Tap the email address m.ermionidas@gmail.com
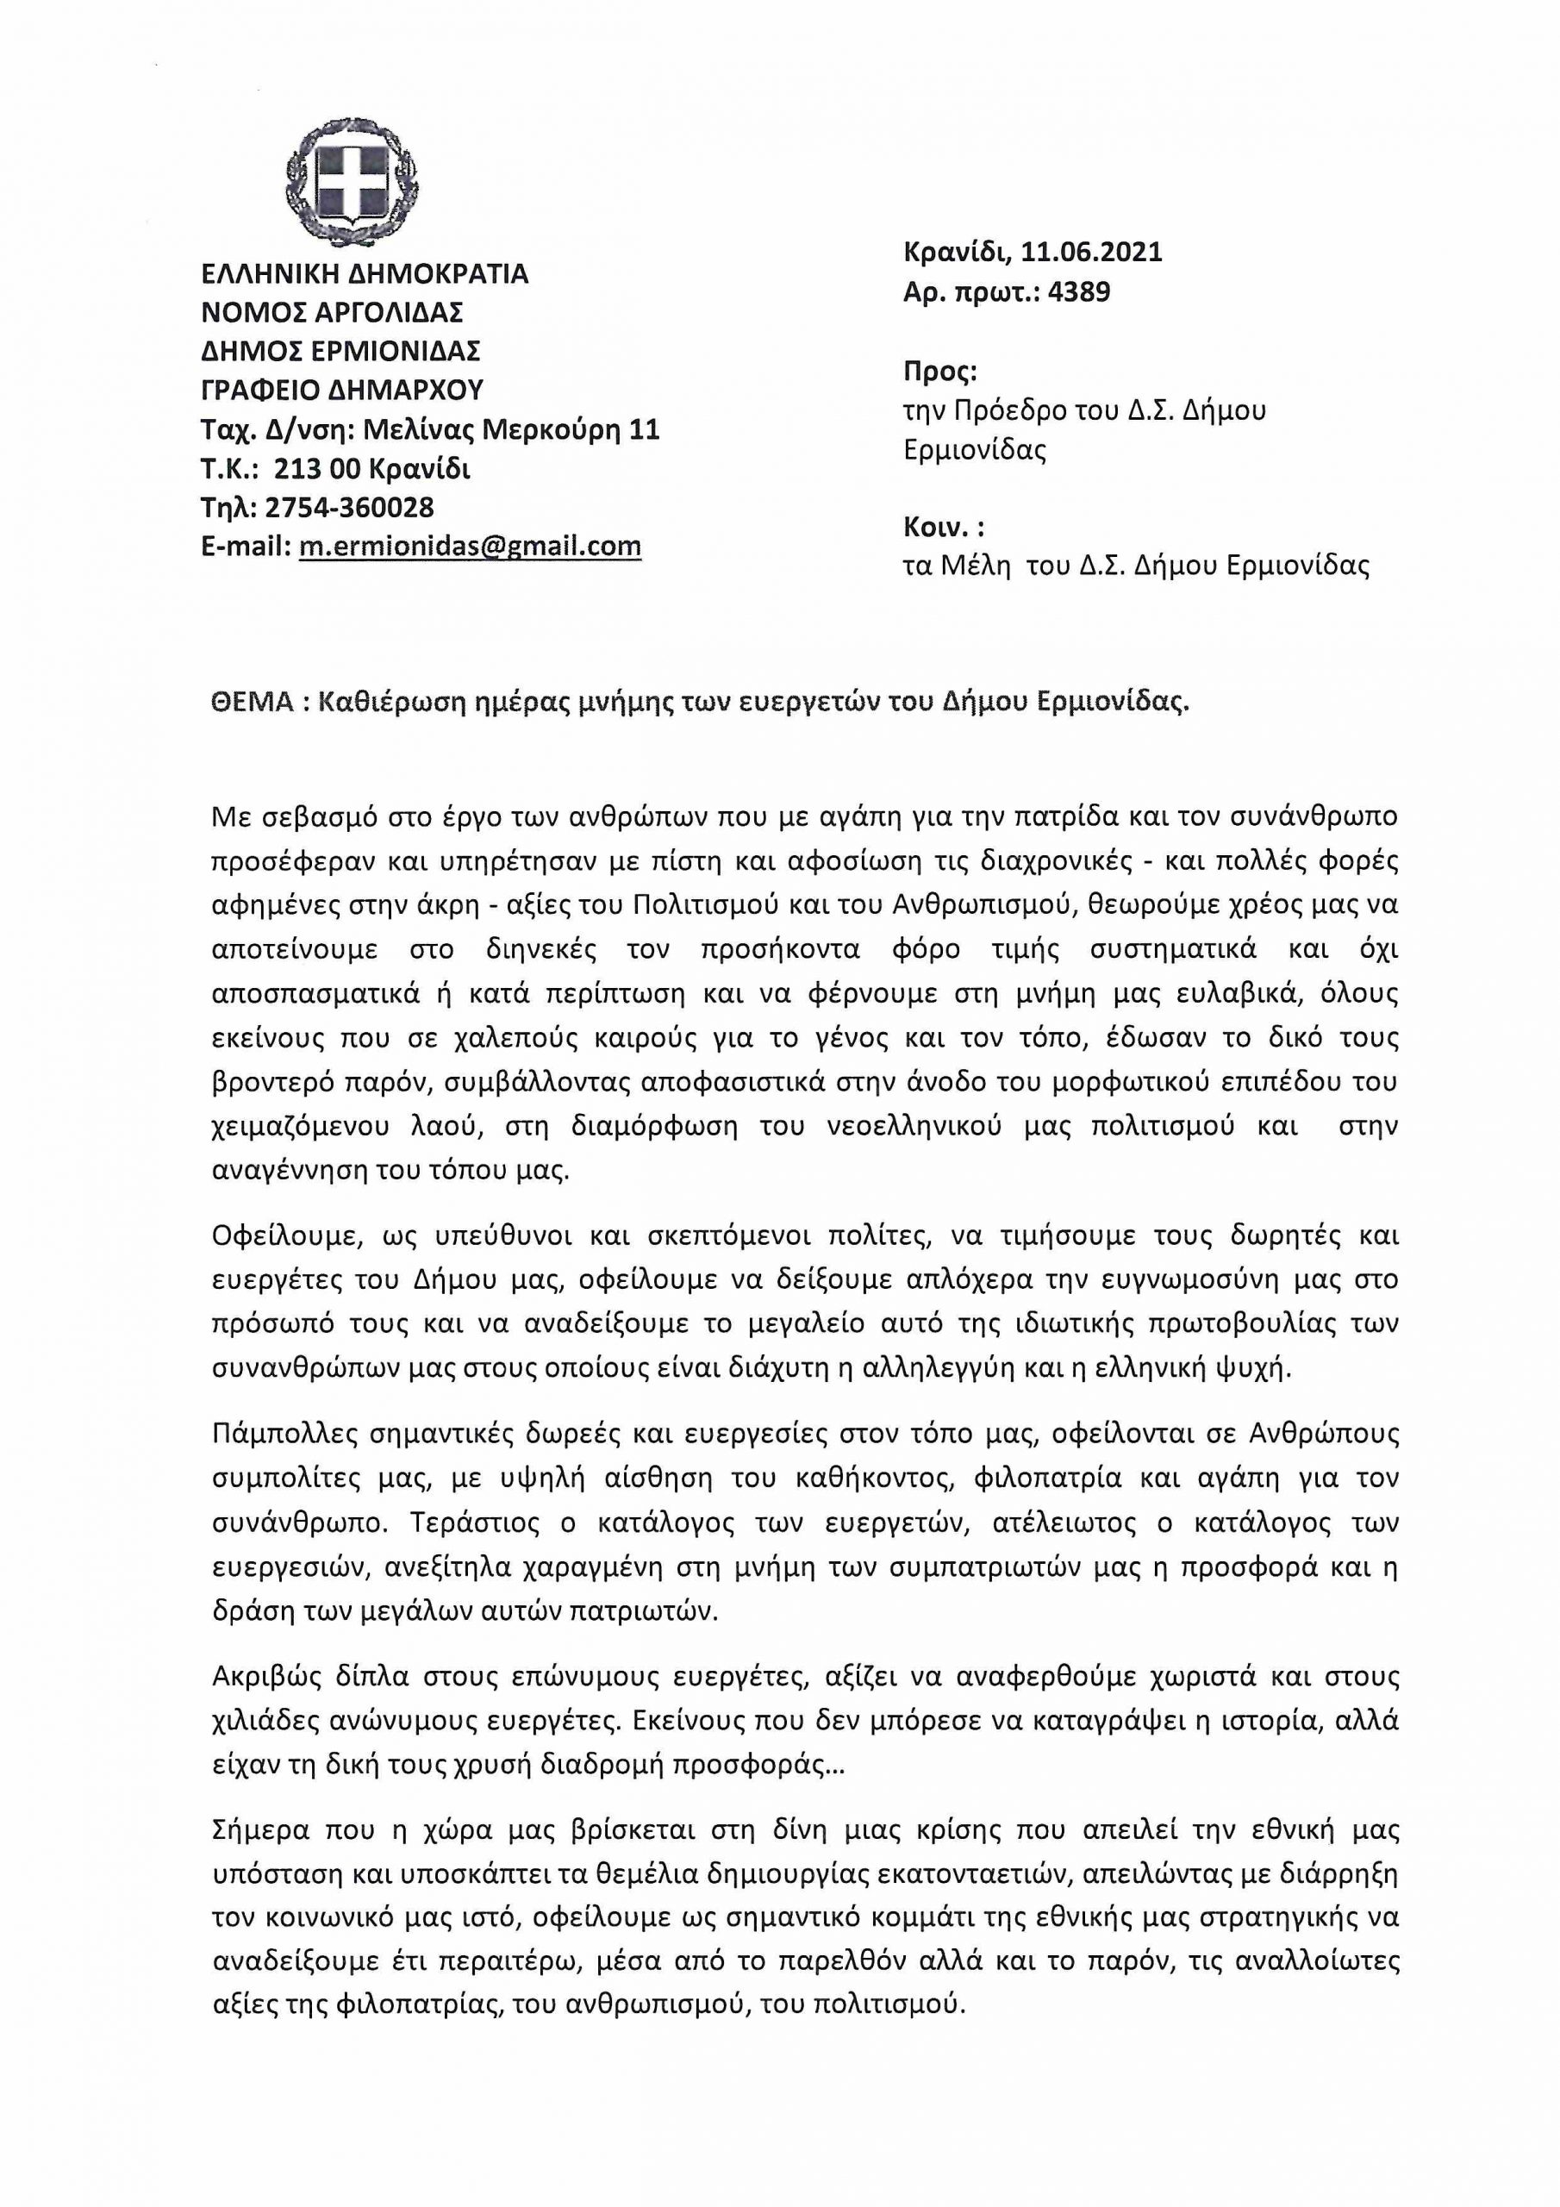click(470, 547)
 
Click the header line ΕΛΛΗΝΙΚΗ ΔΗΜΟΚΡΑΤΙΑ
click(365, 274)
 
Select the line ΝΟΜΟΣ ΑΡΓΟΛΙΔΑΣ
click(332, 312)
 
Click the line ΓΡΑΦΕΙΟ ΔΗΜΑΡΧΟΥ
click(342, 391)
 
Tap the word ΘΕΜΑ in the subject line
click(251, 702)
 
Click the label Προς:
click(940, 371)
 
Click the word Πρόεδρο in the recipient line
click(1001, 410)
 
